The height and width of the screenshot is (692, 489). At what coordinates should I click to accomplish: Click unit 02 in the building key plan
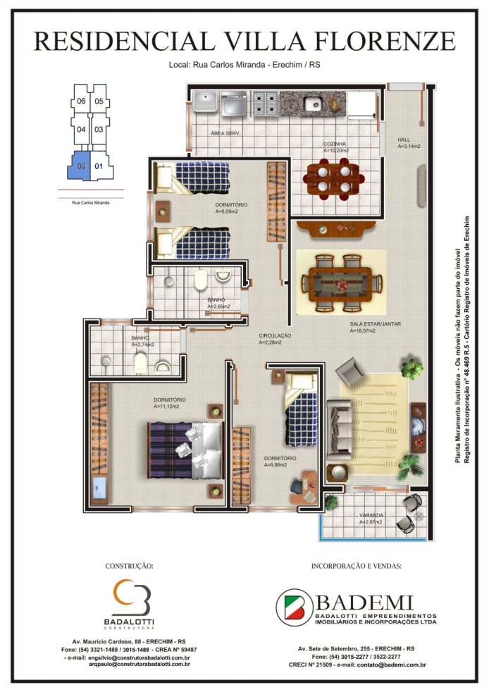[80, 166]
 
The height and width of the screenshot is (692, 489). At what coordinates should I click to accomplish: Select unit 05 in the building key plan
[99, 101]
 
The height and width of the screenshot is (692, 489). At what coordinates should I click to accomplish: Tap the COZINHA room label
[335, 144]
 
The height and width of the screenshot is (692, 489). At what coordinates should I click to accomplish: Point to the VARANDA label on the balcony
[371, 515]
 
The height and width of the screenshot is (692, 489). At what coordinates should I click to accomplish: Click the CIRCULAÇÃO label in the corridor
[275, 336]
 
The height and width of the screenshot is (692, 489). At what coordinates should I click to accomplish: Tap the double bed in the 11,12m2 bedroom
[185, 450]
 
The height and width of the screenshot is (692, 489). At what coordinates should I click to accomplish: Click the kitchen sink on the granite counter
[314, 104]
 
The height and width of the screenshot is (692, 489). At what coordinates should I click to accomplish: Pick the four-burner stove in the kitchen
[265, 104]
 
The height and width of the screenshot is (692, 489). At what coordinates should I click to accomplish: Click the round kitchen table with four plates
[334, 179]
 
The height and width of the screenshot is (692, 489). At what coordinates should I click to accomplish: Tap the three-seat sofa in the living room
[340, 430]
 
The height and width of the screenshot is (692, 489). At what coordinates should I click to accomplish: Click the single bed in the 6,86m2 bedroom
[302, 409]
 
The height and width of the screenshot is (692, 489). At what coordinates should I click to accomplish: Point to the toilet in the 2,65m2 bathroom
[201, 280]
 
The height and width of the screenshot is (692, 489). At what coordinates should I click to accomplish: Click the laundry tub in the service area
[205, 102]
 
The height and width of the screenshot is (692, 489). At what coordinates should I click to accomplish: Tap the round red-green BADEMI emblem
[295, 607]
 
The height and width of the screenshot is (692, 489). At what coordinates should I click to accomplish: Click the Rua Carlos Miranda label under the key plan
[90, 203]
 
